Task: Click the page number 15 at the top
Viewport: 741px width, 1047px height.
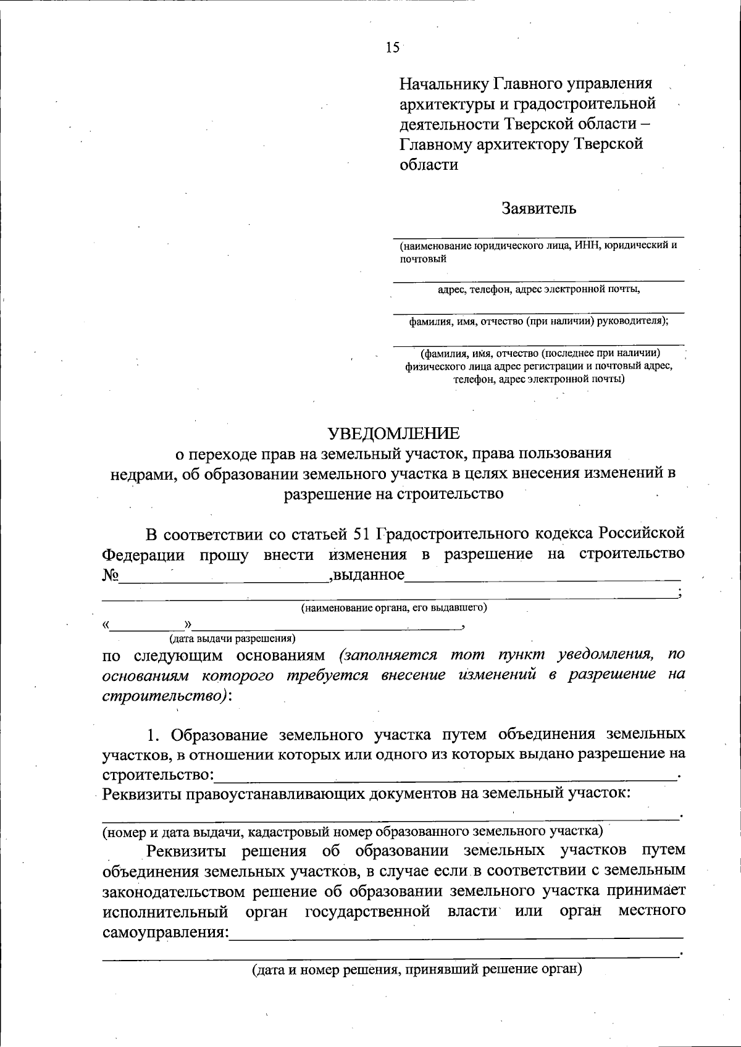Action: click(x=393, y=48)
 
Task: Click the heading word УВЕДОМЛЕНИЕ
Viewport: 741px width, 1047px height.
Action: click(x=393, y=433)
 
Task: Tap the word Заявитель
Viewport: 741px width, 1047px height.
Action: click(x=539, y=208)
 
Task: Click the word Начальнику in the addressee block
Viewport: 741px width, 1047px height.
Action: click(x=443, y=83)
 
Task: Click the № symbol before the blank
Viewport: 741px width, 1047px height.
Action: click(x=110, y=575)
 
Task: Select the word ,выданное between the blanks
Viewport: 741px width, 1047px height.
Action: click(x=367, y=575)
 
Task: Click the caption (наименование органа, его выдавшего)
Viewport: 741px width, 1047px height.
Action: click(x=394, y=608)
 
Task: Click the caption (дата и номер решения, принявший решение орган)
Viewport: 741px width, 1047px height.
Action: click(x=417, y=969)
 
